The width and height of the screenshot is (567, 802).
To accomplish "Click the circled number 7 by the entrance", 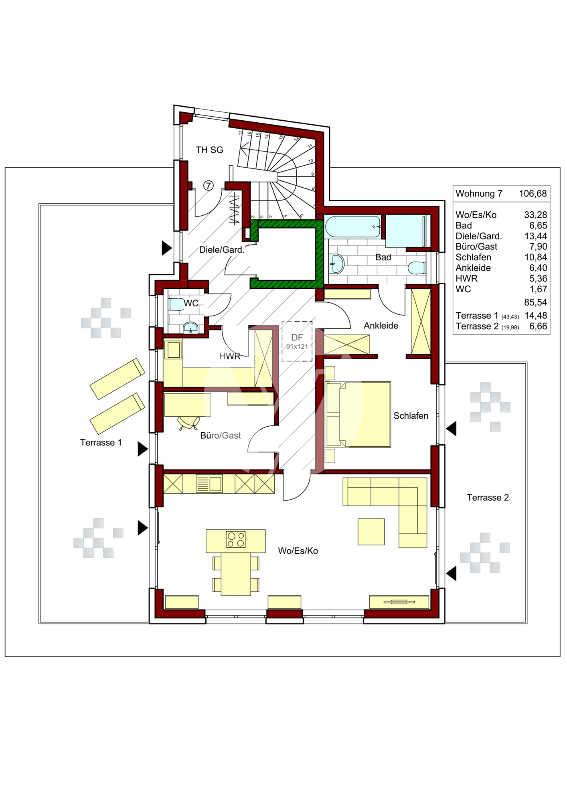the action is click(208, 186).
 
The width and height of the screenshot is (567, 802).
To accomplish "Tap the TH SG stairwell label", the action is click(209, 150).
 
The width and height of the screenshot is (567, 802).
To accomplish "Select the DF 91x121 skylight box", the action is click(297, 341).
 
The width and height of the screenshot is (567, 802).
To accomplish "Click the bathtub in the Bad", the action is click(353, 227).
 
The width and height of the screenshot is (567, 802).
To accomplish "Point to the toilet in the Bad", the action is click(417, 268).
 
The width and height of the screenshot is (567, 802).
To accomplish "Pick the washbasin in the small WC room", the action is click(190, 328).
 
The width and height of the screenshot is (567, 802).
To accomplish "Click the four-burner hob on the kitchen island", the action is click(235, 539).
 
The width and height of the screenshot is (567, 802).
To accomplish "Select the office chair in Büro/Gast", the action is click(189, 423).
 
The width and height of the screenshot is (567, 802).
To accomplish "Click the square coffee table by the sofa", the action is click(371, 532).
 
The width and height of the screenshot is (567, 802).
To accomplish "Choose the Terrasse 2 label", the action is click(488, 498).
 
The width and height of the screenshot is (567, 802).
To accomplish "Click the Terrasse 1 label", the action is click(101, 443).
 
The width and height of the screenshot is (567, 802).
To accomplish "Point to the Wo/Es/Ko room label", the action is click(298, 551).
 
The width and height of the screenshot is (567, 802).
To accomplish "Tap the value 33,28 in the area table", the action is click(535, 215).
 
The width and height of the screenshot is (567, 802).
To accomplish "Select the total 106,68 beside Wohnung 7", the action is click(533, 194).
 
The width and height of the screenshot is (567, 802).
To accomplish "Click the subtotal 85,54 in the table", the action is click(535, 302).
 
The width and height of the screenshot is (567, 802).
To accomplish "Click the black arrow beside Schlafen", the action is click(452, 429).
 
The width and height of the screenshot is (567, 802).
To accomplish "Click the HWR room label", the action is click(230, 356).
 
